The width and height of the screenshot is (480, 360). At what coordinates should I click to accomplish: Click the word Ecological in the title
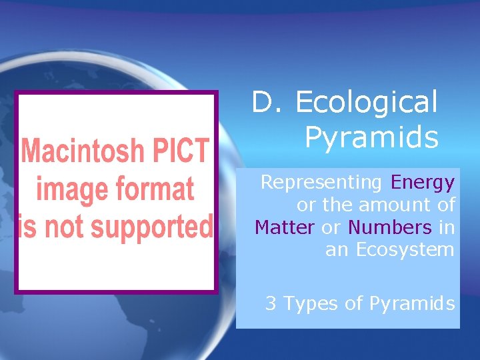(x=365, y=103)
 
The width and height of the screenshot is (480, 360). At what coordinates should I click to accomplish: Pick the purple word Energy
(x=423, y=182)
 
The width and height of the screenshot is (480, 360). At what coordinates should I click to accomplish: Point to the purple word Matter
(x=285, y=227)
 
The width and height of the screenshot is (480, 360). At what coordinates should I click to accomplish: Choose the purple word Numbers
(x=390, y=227)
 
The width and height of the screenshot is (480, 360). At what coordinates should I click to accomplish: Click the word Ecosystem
(x=405, y=250)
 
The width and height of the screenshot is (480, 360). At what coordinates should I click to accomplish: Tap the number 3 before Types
(x=271, y=304)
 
